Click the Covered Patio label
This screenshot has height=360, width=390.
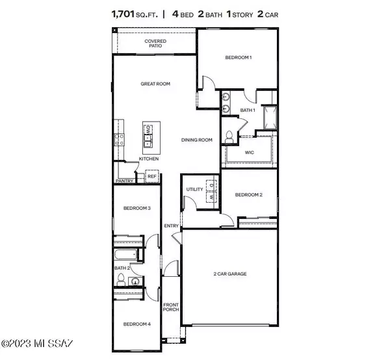click(155, 43)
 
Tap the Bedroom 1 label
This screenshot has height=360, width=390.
click(238, 58)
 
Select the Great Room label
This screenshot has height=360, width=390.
click(155, 84)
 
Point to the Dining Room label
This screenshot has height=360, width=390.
click(196, 140)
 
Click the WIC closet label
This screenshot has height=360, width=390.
click(249, 153)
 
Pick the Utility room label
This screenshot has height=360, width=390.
click(194, 189)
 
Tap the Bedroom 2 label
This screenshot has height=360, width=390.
click(248, 195)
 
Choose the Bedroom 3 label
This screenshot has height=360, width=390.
click(137, 209)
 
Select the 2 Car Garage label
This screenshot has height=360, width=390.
click(231, 274)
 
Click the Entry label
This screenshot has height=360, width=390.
click(171, 225)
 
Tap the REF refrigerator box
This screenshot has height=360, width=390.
click(151, 175)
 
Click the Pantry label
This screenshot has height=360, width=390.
click(124, 181)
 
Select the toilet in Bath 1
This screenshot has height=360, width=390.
click(229, 136)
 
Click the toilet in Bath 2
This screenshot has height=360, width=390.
click(121, 279)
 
